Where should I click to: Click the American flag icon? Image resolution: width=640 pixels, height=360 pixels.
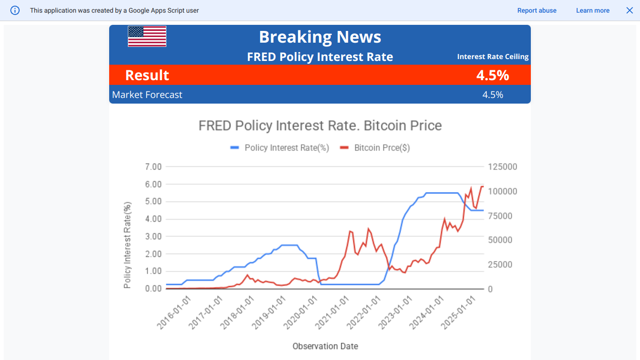[147, 37]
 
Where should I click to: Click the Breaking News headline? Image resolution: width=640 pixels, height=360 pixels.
[320, 37]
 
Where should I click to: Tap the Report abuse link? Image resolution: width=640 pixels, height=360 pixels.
[537, 10]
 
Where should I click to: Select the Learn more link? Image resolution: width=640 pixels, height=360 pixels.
[593, 10]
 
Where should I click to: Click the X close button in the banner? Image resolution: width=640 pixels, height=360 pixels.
[630, 10]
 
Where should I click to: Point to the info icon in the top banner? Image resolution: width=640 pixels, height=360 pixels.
[15, 10]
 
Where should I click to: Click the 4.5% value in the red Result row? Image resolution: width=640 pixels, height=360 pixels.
[492, 75]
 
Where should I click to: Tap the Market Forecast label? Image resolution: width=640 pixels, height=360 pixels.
[147, 95]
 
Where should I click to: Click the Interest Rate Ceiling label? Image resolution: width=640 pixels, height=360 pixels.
[493, 57]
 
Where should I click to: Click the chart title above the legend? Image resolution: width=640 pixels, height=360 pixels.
[320, 126]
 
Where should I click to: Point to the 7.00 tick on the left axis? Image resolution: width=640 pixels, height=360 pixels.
[153, 167]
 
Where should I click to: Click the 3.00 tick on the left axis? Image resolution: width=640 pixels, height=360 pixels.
[153, 236]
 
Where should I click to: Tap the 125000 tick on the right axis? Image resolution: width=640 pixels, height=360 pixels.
[503, 167]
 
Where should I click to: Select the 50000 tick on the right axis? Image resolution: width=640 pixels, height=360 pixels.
[501, 240]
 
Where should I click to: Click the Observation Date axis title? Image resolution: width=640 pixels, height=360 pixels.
[325, 346]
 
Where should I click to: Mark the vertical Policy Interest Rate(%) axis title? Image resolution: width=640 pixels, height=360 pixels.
[127, 245]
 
